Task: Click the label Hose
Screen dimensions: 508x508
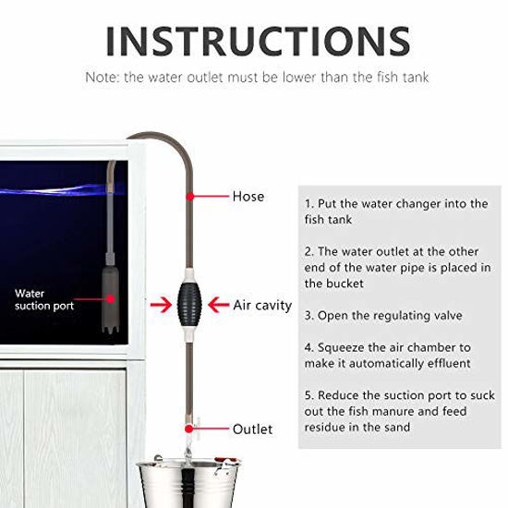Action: pos(248,197)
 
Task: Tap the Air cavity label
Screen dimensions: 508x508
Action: pos(262,304)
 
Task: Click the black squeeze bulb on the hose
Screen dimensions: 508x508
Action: pos(187,304)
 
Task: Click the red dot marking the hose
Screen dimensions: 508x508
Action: pos(188,196)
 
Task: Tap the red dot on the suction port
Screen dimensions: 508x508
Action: pos(112,298)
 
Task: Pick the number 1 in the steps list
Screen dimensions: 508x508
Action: pos(308,203)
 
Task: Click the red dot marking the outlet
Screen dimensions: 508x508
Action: pos(189,429)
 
